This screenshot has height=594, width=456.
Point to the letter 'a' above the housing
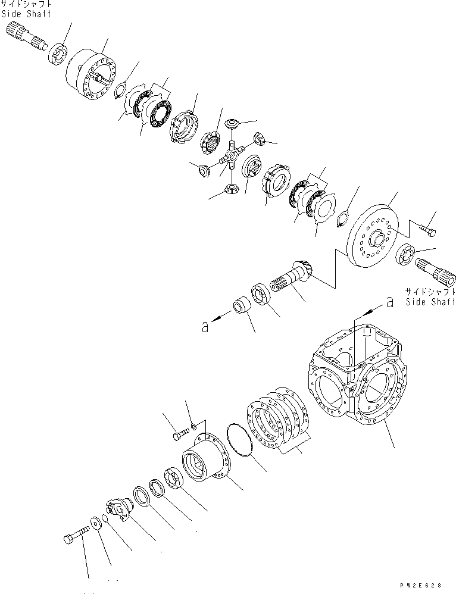click(x=390, y=302)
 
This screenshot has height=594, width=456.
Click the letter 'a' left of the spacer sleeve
click(x=204, y=326)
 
